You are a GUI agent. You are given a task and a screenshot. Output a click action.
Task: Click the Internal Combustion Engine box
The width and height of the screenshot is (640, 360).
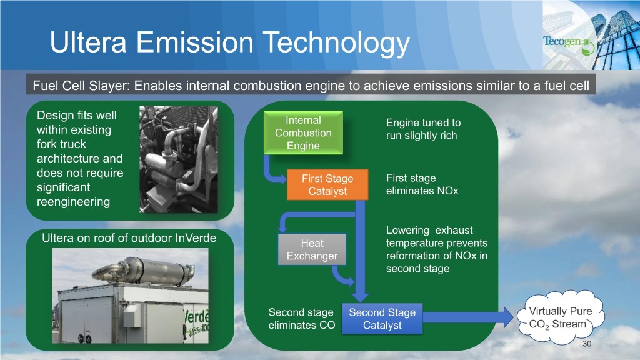tap(303, 132)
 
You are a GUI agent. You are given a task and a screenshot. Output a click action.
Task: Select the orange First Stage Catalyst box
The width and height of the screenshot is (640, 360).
tap(327, 185)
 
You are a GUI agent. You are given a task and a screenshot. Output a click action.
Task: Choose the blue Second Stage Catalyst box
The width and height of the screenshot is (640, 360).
tap(382, 319)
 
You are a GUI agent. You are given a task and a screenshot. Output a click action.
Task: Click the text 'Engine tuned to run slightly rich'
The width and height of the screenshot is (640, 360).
tap(422, 129)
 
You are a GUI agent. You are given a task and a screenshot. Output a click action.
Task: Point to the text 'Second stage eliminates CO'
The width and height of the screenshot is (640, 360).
tap(301, 319)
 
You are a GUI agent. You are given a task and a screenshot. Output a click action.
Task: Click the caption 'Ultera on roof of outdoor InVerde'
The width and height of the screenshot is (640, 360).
tap(129, 238)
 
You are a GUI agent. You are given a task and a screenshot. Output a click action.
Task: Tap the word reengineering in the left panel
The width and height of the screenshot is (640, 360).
tap(73, 202)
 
